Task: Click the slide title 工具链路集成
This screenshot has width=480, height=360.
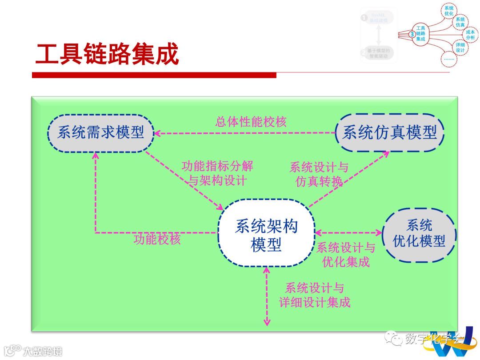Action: [x=107, y=55]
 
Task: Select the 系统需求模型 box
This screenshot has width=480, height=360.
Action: [x=101, y=132]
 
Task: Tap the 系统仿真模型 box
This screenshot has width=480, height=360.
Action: [x=390, y=132]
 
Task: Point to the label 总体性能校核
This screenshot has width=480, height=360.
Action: [x=251, y=122]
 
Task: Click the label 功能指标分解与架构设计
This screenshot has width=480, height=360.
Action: [x=217, y=173]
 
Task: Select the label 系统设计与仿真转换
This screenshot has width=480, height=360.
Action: [x=319, y=175]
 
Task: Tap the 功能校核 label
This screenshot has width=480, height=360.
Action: [x=157, y=240]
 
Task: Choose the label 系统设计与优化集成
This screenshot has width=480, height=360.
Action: [x=346, y=255]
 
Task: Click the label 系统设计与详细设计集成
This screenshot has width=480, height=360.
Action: [x=315, y=295]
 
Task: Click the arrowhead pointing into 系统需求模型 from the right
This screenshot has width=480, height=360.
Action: [x=158, y=132]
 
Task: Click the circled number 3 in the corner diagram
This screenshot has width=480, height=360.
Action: [x=412, y=34]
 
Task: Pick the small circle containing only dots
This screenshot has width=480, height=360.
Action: [x=449, y=59]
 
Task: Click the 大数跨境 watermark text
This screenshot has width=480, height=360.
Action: [x=43, y=351]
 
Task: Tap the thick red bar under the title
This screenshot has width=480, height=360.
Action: [x=154, y=75]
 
